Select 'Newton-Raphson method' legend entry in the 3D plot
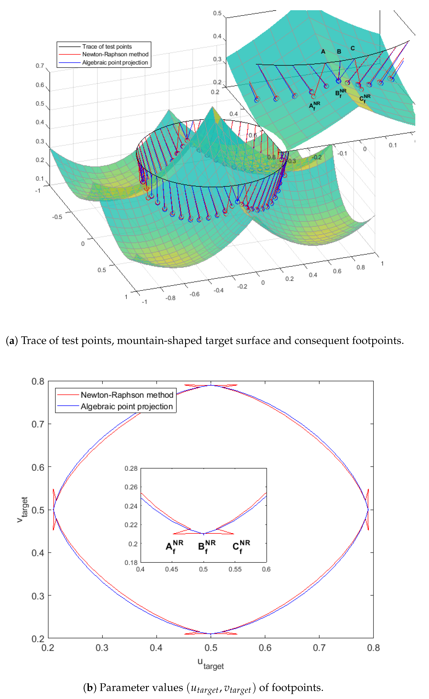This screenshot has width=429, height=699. coord(115,54)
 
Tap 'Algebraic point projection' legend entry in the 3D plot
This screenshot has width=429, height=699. coord(115,62)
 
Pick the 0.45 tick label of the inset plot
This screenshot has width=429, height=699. coord(172,569)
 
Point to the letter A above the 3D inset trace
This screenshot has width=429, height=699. coord(323,52)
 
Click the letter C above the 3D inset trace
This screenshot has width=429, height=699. coord(353,48)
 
